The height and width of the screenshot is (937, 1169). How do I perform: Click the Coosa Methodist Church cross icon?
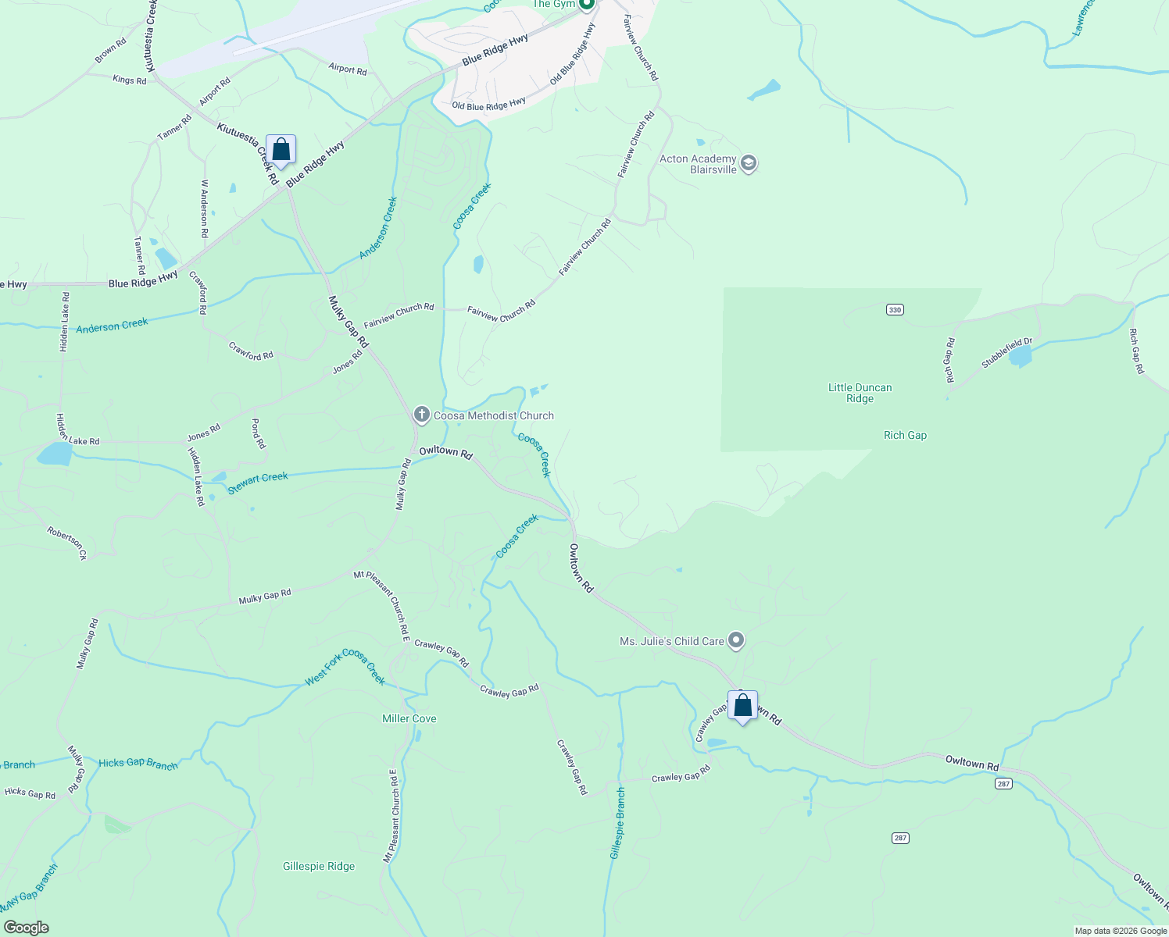(422, 415)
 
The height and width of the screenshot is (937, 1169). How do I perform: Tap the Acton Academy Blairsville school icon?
(748, 164)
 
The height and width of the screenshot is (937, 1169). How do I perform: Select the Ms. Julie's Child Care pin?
(735, 641)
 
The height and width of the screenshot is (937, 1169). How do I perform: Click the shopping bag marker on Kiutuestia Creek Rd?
(281, 150)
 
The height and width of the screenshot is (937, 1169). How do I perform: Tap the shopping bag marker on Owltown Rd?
(742, 707)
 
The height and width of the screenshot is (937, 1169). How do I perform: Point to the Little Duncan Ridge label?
(860, 393)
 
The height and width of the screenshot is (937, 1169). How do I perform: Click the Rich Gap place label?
(905, 436)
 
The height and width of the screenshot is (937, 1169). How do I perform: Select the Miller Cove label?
(409, 718)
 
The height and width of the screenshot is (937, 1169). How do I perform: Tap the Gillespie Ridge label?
(319, 866)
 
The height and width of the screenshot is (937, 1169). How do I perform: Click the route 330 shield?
(895, 310)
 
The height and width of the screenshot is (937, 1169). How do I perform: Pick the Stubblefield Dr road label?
(1006, 353)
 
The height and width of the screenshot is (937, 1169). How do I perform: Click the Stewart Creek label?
(258, 483)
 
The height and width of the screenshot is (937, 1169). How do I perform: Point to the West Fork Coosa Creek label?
(345, 668)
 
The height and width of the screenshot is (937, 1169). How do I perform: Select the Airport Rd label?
(348, 69)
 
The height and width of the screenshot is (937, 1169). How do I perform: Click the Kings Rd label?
(130, 80)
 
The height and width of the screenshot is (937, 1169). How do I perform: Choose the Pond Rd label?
(258, 433)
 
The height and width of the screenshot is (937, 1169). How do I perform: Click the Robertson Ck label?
(66, 543)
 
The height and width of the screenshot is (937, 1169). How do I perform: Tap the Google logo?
(27, 928)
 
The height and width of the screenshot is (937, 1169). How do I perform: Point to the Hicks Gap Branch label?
(138, 763)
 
